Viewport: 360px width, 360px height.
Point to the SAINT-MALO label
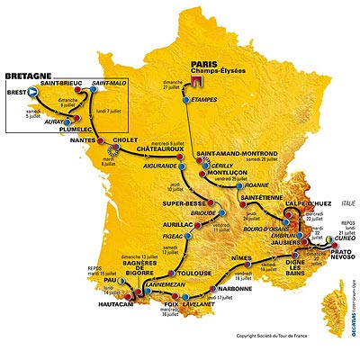[107, 83]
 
